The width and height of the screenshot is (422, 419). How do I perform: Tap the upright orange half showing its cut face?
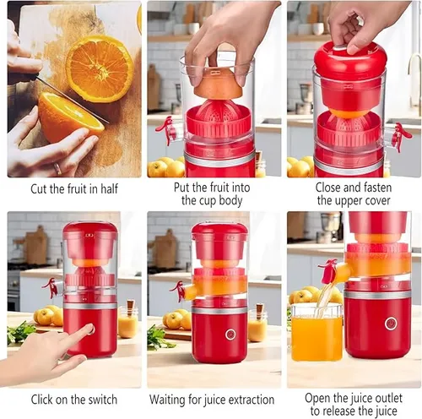pyautogui.click(x=100, y=68)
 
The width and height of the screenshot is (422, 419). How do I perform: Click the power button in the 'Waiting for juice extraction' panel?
pyautogui.click(x=230, y=335)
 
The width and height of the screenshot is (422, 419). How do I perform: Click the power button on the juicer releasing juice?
pyautogui.click(x=390, y=323)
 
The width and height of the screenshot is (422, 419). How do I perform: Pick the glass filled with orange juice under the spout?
pyautogui.click(x=316, y=335)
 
